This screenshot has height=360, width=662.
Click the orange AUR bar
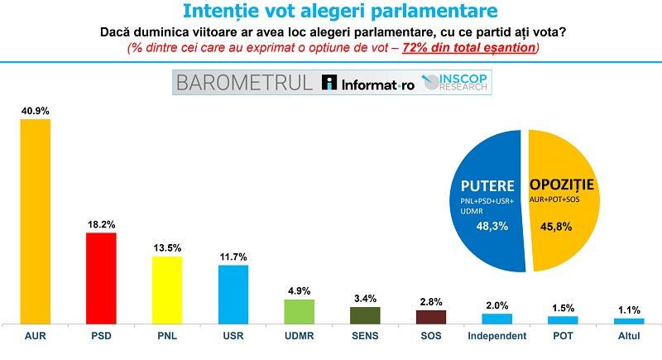pos(36,222)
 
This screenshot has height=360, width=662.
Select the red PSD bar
pos(101,279)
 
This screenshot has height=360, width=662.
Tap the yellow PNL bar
pos(167,290)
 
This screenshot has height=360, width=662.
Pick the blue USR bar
pos(233,295)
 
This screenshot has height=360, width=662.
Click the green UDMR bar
pos(300,312)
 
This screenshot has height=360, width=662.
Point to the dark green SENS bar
pos(365,315)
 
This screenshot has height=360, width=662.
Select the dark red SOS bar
pos(431,317)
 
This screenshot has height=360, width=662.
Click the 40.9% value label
pos(36,111)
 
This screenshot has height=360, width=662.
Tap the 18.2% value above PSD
pos(101,224)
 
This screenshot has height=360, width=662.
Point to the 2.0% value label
pos(497,305)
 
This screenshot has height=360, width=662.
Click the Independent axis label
pos(497,336)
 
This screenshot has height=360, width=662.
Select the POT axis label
pos(564,336)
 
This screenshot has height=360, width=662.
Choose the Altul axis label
pos(629,336)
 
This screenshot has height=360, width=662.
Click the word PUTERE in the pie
pos(487,186)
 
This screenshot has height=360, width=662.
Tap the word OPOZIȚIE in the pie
pos(562,185)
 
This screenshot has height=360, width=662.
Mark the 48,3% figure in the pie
pos(492,226)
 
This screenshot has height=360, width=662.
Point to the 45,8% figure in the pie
pos(556,227)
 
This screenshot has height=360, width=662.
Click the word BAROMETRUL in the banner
pos(244,83)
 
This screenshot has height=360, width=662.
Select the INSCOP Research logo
pos(454,82)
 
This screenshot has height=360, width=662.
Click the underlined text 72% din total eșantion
pos(468,48)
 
